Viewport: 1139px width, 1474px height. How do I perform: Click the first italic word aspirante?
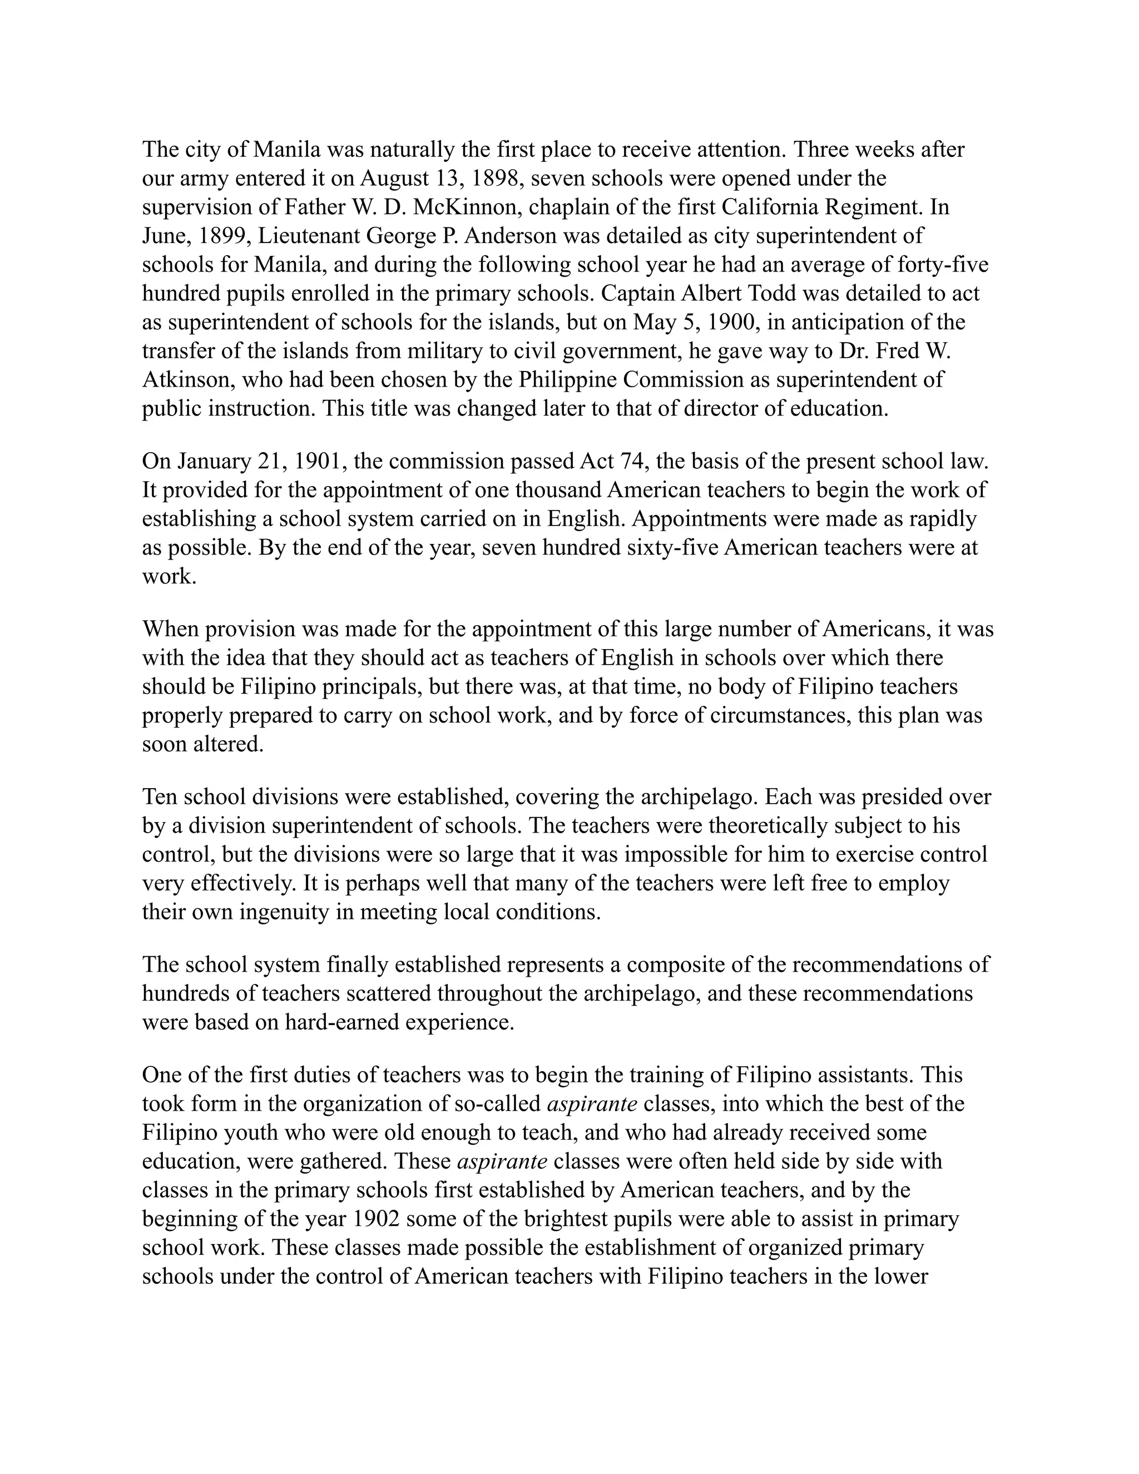pos(592,1104)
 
